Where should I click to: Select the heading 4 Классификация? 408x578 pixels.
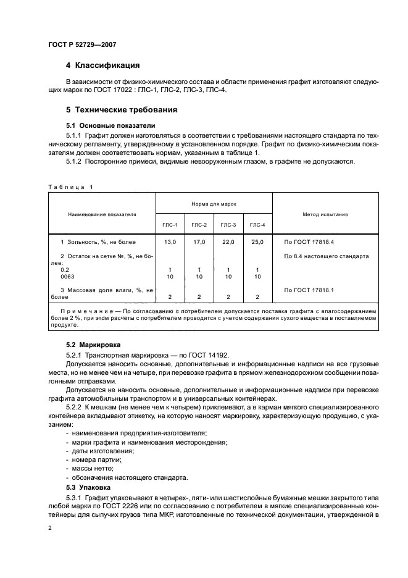pyautogui.click(x=103, y=65)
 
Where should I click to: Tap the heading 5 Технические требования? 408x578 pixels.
pyautogui.click(x=122, y=109)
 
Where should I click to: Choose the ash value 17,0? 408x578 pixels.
pyautogui.click(x=199, y=242)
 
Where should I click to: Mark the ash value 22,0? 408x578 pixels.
pyautogui.click(x=228, y=242)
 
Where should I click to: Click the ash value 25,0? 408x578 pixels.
pyautogui.click(x=257, y=242)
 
